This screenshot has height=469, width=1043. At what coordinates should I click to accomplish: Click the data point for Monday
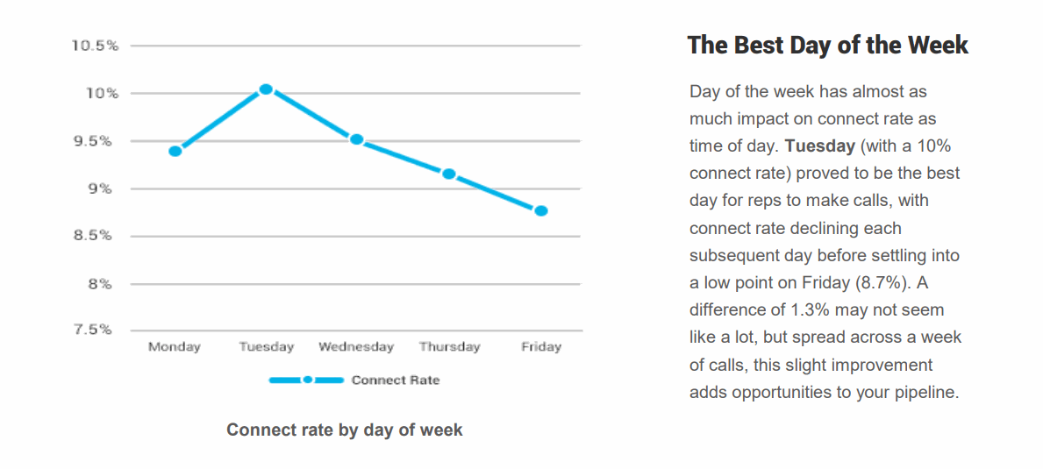(175, 151)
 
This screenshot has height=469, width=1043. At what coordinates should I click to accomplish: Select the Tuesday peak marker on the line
(267, 89)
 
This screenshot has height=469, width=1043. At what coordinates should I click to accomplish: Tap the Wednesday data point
(357, 139)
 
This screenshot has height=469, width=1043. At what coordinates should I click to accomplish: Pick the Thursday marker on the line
(449, 174)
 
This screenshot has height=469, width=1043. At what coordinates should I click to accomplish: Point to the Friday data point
(541, 210)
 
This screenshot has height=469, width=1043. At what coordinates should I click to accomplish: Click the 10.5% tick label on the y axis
(95, 46)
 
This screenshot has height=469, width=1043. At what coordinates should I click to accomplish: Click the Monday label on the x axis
(175, 347)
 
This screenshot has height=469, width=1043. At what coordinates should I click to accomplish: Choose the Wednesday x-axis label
(356, 347)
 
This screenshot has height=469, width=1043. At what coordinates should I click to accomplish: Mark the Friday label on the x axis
(541, 347)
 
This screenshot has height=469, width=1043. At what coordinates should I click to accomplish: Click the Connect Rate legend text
(396, 380)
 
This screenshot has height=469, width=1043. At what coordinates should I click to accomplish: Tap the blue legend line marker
(306, 380)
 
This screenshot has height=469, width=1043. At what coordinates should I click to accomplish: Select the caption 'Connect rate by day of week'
(345, 430)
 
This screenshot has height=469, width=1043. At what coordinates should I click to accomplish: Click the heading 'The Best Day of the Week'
(827, 46)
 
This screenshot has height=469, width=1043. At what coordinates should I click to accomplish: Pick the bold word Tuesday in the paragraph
(820, 146)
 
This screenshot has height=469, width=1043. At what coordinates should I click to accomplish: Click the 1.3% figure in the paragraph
(811, 310)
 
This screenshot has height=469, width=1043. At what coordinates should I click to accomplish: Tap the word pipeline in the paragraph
(925, 392)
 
